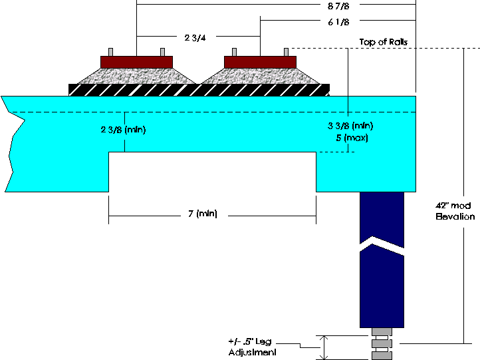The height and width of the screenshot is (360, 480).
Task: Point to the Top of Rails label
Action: click(x=383, y=42)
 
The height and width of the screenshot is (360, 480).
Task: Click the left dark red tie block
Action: click(x=136, y=62)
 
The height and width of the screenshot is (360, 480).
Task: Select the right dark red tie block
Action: click(x=260, y=62)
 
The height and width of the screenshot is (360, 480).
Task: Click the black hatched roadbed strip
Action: click(x=199, y=89)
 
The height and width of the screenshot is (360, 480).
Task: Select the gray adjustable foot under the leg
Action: click(x=381, y=343)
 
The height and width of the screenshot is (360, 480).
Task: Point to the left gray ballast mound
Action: click(x=136, y=76)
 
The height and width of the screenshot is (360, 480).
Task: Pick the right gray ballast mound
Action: click(x=260, y=76)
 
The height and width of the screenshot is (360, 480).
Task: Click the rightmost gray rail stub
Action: click(x=286, y=52)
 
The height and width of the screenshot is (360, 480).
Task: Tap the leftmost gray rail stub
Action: click(x=111, y=52)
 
